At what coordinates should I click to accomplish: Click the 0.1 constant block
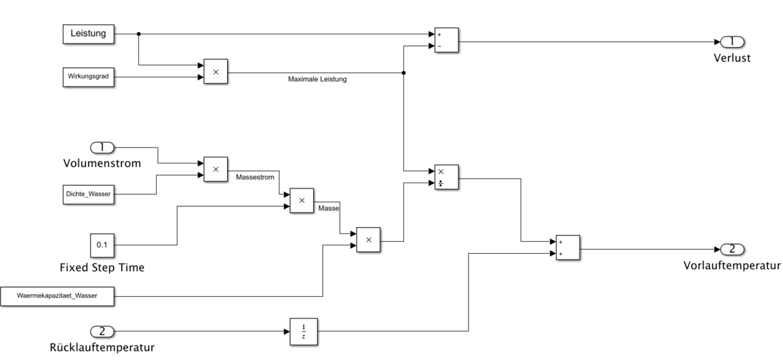(101, 245)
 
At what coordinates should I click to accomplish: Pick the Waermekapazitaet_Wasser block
(58, 295)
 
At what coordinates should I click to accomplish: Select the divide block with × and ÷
(447, 177)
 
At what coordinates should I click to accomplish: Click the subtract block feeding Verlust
(447, 40)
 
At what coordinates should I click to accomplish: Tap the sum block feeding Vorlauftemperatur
(567, 248)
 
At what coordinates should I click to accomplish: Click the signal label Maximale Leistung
(317, 80)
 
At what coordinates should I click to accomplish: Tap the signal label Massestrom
(253, 177)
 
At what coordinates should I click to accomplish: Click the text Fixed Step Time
(101, 267)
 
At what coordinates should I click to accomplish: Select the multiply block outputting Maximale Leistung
(215, 71)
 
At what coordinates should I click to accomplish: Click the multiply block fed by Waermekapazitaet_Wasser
(369, 240)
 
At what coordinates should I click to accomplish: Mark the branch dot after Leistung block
(139, 34)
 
